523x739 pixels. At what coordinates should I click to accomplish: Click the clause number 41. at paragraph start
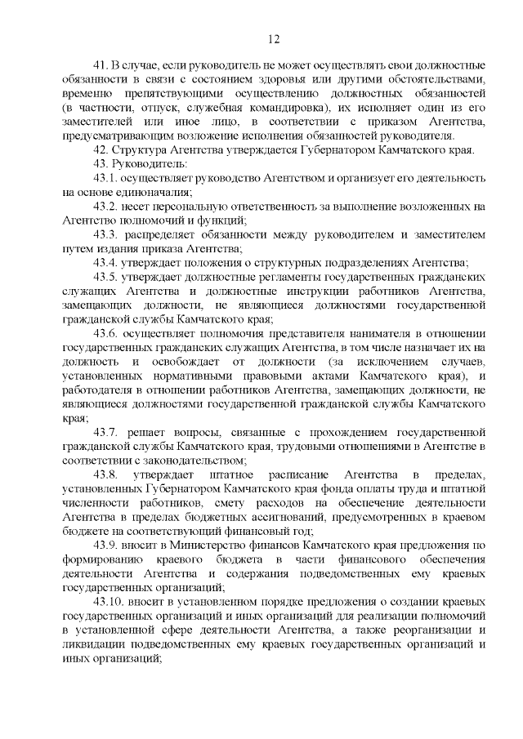click(101, 64)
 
